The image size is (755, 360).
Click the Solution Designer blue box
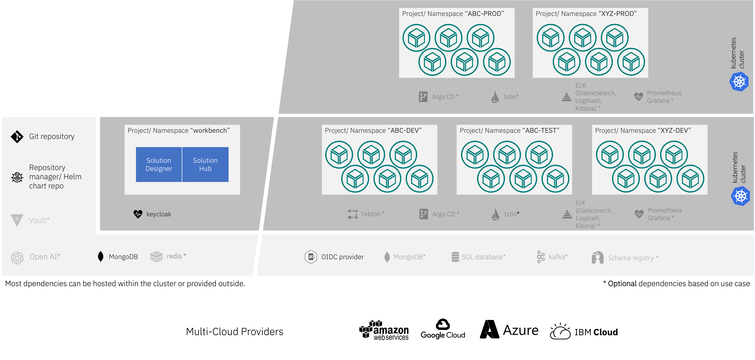(x=159, y=164)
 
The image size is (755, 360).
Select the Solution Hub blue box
(x=205, y=164)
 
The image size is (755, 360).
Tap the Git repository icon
(x=17, y=137)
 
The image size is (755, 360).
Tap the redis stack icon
(x=156, y=257)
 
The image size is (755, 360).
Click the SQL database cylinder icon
(x=455, y=257)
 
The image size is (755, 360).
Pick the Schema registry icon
(x=597, y=258)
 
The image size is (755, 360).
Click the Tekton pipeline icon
(x=353, y=214)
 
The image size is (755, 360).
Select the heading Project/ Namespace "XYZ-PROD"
(x=586, y=14)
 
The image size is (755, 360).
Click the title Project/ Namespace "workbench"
(x=178, y=130)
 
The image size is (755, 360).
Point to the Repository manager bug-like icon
(x=17, y=177)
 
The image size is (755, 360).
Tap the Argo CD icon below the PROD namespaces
(x=423, y=96)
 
